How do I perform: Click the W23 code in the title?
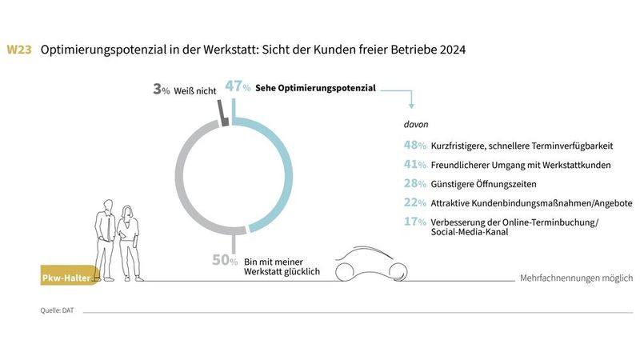pos(19,50)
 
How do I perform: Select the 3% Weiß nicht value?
pos(161,90)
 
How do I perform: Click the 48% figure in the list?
pos(414,146)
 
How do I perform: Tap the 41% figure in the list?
pos(414,165)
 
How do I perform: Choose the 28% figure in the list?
pos(414,184)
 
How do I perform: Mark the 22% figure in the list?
pos(414,203)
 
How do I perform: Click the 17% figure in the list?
pos(414,222)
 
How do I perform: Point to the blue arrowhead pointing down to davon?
pos(411,106)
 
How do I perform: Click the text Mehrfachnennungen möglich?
pos(576,278)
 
